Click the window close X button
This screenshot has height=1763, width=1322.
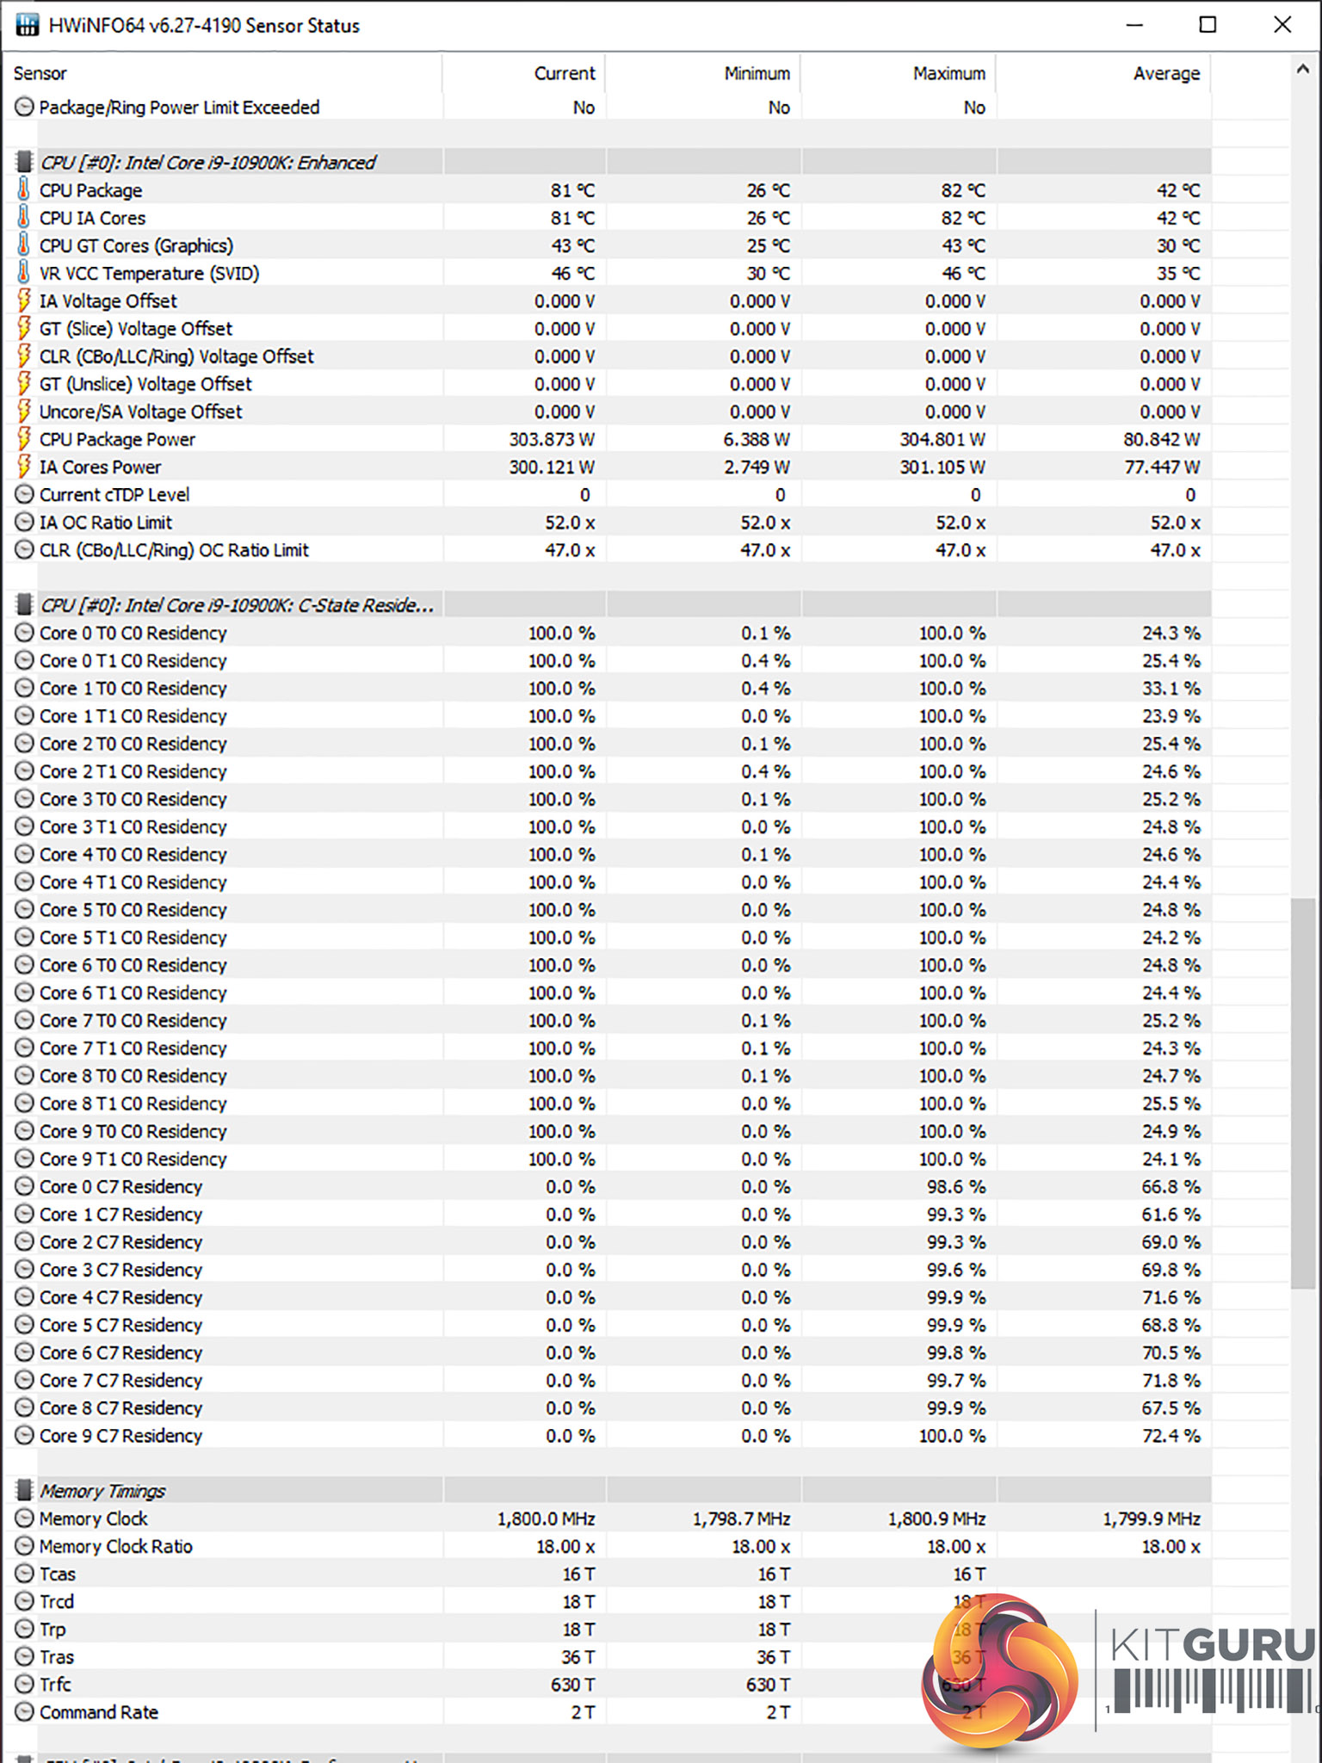tap(1282, 25)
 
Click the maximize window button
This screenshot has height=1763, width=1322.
tap(1208, 25)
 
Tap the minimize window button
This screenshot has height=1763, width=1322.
tap(1134, 25)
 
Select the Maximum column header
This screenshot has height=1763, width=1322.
tap(948, 74)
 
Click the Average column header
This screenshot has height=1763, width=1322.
tap(1165, 74)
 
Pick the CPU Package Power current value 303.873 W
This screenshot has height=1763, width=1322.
tap(551, 440)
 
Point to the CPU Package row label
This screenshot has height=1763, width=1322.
tap(90, 191)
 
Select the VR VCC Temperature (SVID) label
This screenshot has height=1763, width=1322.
tap(149, 274)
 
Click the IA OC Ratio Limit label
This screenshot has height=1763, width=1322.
tap(105, 523)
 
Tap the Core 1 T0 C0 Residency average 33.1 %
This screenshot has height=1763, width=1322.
tap(1171, 689)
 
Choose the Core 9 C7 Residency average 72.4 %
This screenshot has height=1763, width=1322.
tap(1171, 1436)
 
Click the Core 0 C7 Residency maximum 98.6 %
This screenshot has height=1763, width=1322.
tap(955, 1187)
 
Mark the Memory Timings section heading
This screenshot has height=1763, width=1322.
tap(102, 1491)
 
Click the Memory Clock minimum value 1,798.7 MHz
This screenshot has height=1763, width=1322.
tap(741, 1519)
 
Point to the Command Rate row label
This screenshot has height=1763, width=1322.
tap(98, 1712)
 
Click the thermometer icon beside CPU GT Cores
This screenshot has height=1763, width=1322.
tap(24, 245)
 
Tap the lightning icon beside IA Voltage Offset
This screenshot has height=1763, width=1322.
tap(24, 301)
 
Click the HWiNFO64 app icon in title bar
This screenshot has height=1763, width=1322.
tap(27, 25)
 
